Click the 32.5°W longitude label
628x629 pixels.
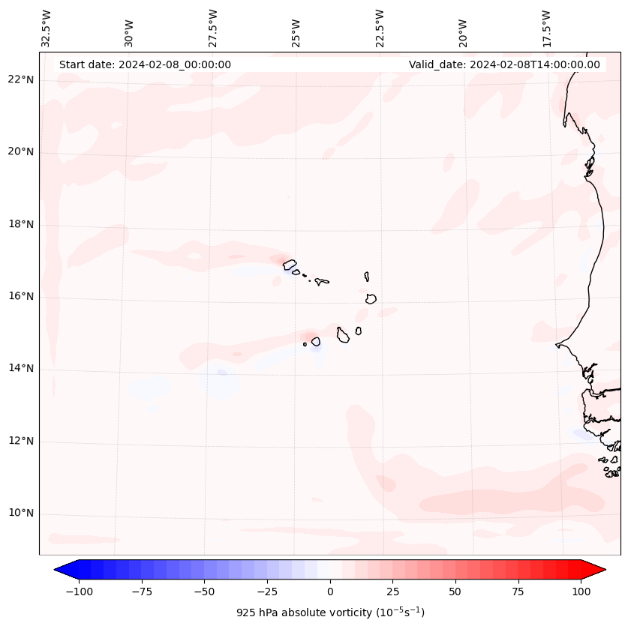[x=47, y=28]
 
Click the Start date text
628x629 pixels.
[x=145, y=64]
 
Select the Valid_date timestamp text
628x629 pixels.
[x=504, y=64]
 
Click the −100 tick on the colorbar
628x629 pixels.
[x=79, y=592]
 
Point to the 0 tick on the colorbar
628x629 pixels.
[x=329, y=592]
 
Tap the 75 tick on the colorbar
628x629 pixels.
[x=518, y=592]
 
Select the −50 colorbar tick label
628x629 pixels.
[x=204, y=592]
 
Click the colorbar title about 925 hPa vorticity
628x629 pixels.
[x=330, y=613]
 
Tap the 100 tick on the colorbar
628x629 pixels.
[x=580, y=592]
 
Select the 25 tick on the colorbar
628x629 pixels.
[x=392, y=592]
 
